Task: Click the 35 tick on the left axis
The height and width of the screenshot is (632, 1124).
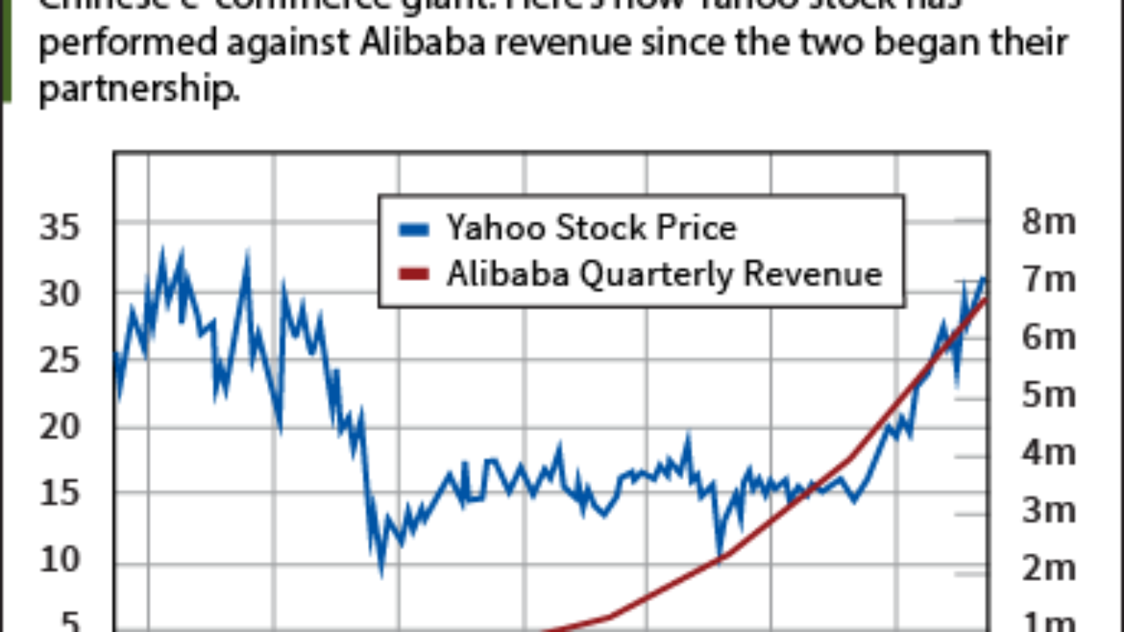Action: tap(60, 228)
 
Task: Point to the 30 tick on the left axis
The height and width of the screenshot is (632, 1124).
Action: tap(60, 294)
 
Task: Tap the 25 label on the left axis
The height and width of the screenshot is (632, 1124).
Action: tap(60, 360)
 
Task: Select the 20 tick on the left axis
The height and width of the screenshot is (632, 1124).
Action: tap(60, 427)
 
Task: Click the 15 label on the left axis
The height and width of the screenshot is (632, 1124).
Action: tap(60, 493)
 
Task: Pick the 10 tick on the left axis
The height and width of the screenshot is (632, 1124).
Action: tap(60, 560)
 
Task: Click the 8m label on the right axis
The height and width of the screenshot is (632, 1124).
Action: tap(1048, 222)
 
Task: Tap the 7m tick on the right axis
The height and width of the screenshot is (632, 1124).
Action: tap(1048, 280)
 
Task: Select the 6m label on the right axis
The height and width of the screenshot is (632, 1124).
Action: tap(1048, 338)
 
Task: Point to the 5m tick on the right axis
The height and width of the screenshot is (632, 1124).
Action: tap(1048, 396)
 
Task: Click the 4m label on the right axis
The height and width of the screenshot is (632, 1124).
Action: tap(1048, 454)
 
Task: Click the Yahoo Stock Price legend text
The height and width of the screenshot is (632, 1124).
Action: tap(591, 228)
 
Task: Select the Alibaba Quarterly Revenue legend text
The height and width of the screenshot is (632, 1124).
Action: tap(664, 274)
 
